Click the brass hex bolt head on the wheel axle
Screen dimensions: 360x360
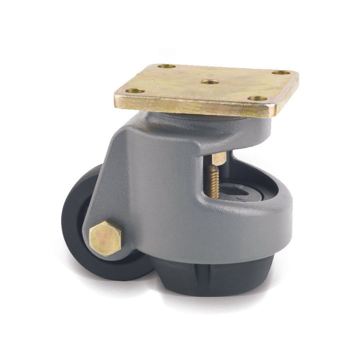point(106,238)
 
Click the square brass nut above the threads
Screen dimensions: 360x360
point(219,158)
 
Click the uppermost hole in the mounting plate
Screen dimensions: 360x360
point(166,66)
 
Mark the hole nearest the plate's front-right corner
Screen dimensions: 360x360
point(257,98)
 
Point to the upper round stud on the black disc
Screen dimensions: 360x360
point(238,186)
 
